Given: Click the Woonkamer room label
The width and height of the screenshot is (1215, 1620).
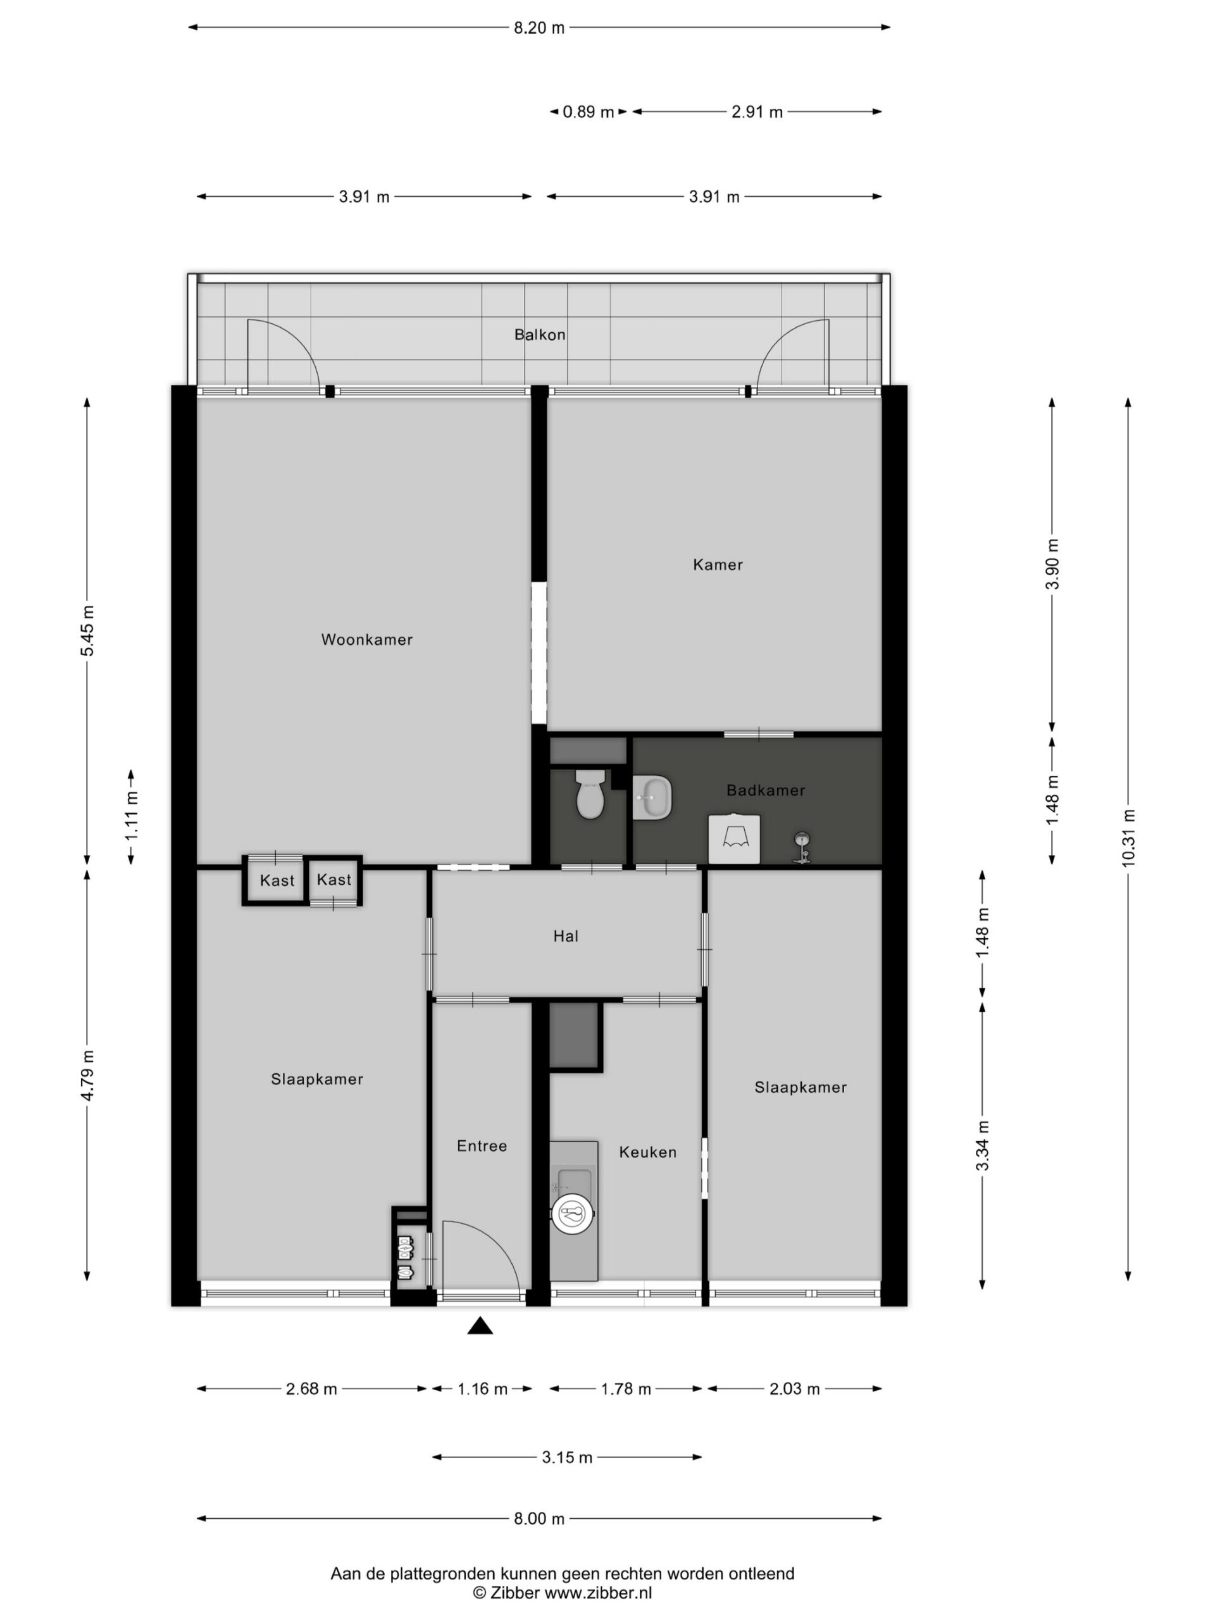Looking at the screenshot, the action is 366,639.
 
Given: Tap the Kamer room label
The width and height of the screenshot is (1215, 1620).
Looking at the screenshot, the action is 717,564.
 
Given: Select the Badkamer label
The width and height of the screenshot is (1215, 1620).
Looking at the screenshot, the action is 765,790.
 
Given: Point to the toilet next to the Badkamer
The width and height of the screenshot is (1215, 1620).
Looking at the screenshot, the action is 590,794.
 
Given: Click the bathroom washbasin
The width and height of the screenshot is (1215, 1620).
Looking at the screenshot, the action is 652,797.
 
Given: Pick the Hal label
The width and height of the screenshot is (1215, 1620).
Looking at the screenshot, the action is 565,936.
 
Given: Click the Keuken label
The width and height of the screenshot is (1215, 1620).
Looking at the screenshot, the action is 647,1152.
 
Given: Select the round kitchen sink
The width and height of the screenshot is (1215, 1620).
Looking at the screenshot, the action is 572,1214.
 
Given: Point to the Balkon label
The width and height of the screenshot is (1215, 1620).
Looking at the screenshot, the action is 539,335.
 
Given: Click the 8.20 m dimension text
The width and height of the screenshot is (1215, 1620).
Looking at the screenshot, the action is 539,28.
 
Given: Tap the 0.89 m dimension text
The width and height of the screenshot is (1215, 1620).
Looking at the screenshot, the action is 588,112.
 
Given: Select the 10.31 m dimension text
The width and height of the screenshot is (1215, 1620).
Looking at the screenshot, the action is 1128,838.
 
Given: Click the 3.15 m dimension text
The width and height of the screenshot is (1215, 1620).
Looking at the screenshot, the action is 567,1457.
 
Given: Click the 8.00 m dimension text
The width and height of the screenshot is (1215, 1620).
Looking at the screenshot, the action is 539,1519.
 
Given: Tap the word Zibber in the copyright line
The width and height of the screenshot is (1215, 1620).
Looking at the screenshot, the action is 515,1593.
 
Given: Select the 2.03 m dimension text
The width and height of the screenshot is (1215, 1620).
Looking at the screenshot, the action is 795,1388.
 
